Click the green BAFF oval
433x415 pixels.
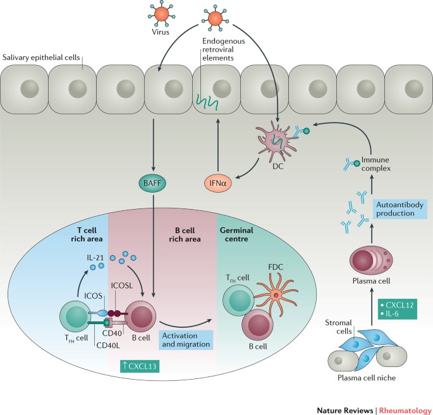coord(152,183)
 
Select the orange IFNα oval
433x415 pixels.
coord(218,183)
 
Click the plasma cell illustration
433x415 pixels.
coord(371,260)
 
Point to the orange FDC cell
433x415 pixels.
coord(276,295)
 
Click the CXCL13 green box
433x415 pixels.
coord(140,366)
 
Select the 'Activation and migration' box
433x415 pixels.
coord(186,340)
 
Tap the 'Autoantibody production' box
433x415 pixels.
coord(399,209)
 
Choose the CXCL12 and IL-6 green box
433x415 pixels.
coord(397,309)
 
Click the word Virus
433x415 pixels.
coord(161,32)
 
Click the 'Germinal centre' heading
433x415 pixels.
coord(236,234)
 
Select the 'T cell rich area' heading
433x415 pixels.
coord(87,234)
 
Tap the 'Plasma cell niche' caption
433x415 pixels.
coord(367,378)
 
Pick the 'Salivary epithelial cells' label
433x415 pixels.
coord(41,57)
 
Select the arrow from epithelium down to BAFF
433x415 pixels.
coord(153,145)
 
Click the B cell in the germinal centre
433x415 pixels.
coord(257,325)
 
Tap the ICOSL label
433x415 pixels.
coord(122,286)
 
